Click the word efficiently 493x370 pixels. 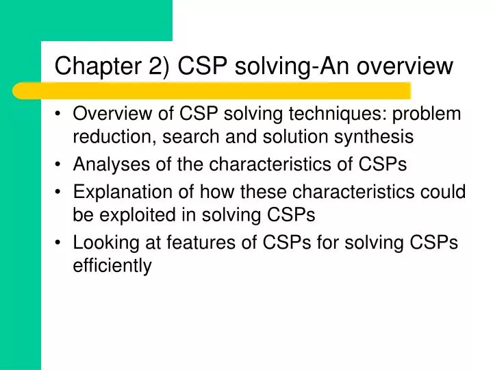click(112, 266)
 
